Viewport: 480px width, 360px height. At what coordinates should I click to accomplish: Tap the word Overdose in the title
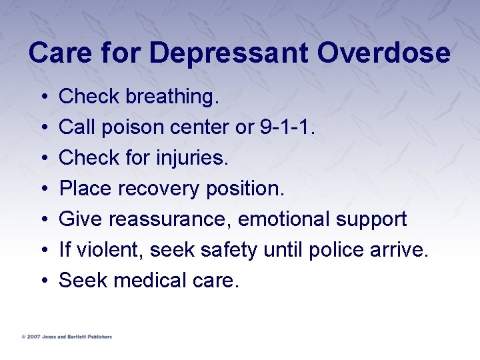[384, 54]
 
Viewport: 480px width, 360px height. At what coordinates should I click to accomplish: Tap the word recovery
[159, 189]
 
